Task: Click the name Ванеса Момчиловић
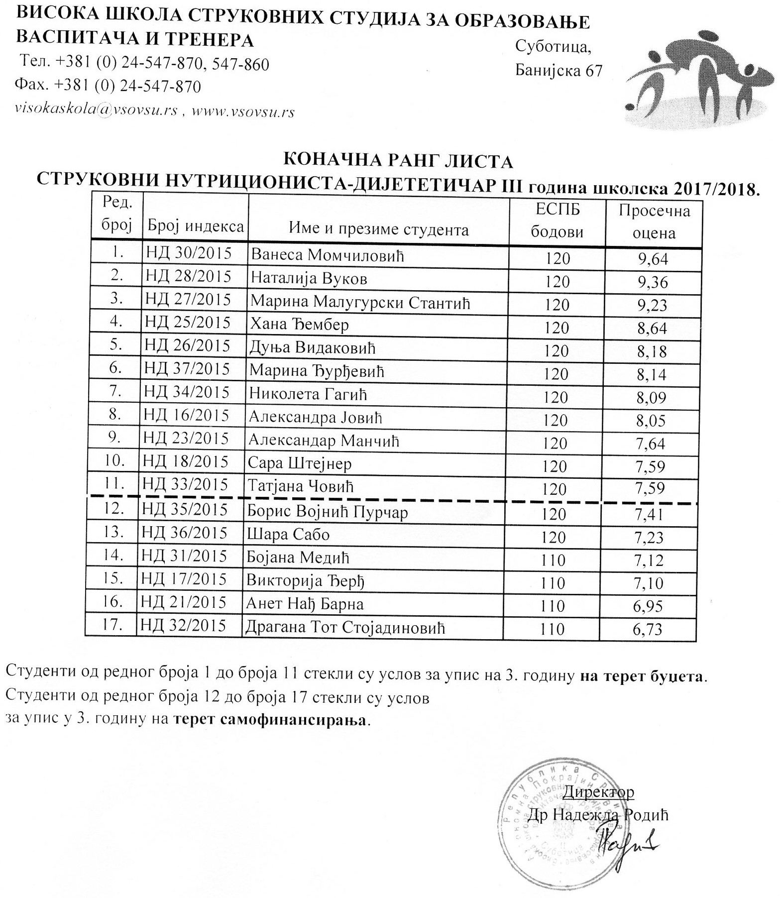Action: [327, 255]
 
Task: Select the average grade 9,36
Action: [653, 282]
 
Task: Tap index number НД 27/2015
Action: [188, 300]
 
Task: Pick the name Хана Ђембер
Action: [299, 325]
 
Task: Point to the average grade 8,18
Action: [652, 351]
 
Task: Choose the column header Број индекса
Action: [195, 227]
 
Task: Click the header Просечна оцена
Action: [654, 222]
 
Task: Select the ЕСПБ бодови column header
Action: [557, 221]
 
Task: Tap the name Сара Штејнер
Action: [300, 463]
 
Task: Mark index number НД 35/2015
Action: [185, 510]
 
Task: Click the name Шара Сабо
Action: [288, 535]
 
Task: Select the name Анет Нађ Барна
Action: [305, 604]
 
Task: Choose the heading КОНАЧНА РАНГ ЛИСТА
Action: [398, 161]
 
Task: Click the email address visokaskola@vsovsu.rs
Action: [97, 111]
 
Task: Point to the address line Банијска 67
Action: [558, 71]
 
